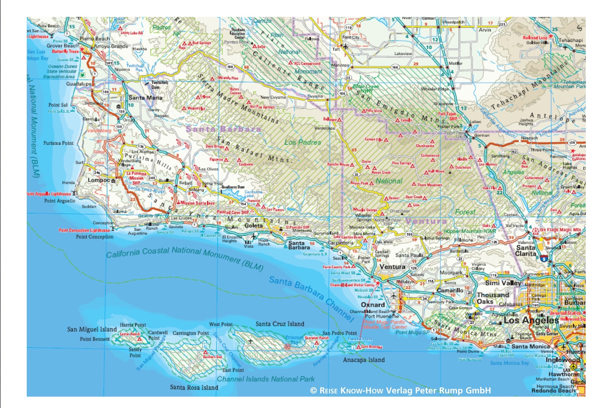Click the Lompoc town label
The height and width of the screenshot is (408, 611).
click(x=98, y=180)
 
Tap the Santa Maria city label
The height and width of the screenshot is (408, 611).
click(x=145, y=98)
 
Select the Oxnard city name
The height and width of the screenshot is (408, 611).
click(x=373, y=305)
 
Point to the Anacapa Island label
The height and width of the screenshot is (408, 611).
click(x=364, y=360)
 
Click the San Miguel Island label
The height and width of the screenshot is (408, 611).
click(x=92, y=329)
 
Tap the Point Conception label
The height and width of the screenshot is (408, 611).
click(x=94, y=237)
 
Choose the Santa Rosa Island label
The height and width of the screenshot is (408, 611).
click(x=194, y=387)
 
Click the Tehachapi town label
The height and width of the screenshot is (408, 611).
click(x=571, y=40)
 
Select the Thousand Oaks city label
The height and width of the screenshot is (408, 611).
click(x=493, y=298)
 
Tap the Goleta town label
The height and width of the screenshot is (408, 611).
click(x=253, y=226)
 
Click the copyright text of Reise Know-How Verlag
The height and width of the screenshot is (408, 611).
click(x=400, y=390)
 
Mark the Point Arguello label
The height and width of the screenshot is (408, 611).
click(x=60, y=201)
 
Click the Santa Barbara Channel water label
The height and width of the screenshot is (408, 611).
click(x=312, y=298)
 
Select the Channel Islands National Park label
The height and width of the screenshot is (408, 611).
click(x=266, y=379)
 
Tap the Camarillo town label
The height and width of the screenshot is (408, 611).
click(x=450, y=290)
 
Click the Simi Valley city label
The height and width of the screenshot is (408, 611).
click(x=503, y=283)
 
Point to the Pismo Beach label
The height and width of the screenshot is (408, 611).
click(x=95, y=39)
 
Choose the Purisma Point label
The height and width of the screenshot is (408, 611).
click(x=58, y=143)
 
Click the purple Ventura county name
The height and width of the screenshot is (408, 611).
click(x=426, y=221)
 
